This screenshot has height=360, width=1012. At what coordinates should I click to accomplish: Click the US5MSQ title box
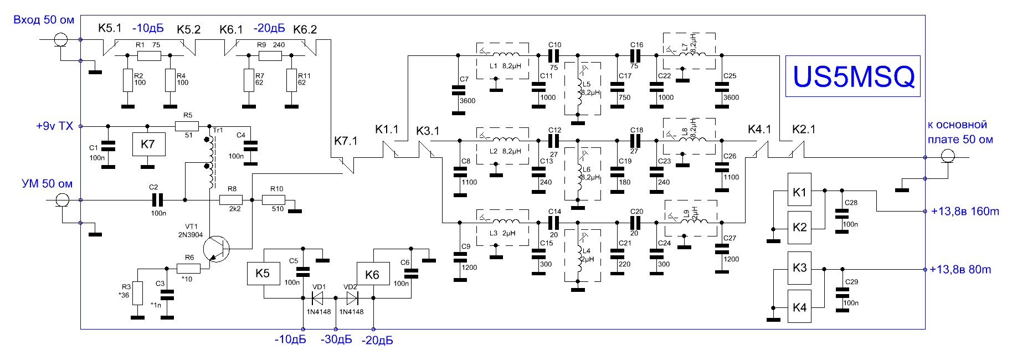click(852, 76)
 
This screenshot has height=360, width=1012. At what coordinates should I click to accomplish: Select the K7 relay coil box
click(148, 144)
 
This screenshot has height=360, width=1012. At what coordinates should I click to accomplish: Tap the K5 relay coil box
click(263, 274)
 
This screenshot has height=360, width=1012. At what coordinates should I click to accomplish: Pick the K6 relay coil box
click(373, 274)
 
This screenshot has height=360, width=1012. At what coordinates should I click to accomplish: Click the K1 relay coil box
click(799, 192)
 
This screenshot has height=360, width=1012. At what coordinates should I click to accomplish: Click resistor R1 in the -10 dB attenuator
click(149, 55)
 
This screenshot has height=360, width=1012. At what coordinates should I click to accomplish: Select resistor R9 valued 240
click(270, 55)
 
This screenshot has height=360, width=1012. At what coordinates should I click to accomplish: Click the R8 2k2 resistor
click(231, 200)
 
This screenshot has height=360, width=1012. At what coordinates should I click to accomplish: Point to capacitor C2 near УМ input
click(157, 200)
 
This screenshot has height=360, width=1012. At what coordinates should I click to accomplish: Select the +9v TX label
click(54, 126)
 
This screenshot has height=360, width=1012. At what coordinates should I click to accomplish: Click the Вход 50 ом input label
click(44, 20)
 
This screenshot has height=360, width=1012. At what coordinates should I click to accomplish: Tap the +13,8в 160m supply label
click(965, 211)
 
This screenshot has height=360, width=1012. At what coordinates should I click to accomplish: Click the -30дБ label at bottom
click(336, 340)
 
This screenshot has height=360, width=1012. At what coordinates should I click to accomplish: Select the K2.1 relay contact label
click(803, 129)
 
